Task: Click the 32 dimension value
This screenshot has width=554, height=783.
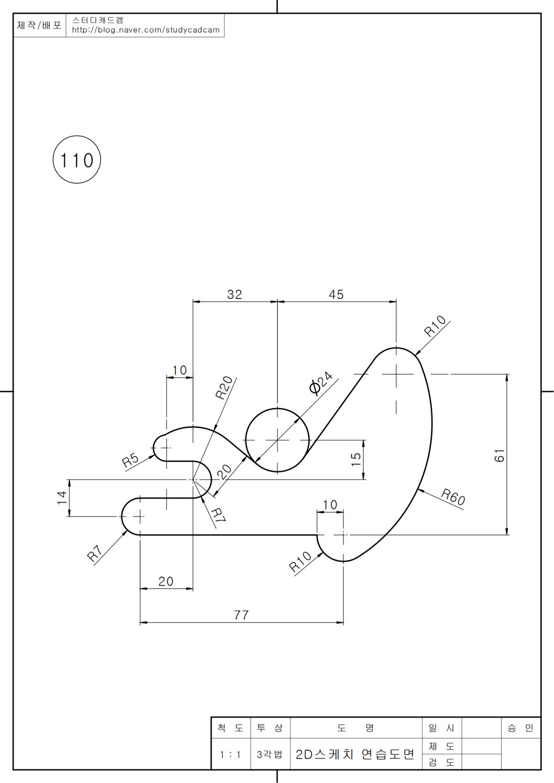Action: tap(235, 295)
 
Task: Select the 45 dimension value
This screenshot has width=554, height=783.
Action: tap(336, 295)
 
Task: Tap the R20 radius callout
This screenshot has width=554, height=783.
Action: tap(224, 388)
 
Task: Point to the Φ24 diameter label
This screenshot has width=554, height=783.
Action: tap(321, 383)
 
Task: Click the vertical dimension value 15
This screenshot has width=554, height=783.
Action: tap(356, 459)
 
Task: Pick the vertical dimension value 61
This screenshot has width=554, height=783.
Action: tap(500, 456)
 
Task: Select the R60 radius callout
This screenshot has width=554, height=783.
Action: tap(453, 497)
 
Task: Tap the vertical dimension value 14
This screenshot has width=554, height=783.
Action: tap(62, 498)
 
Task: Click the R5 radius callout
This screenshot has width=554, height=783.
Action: tap(130, 460)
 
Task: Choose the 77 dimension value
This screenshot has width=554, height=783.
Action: tap(241, 615)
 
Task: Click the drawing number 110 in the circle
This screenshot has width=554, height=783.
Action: tap(77, 160)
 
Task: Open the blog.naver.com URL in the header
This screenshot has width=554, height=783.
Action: tap(145, 30)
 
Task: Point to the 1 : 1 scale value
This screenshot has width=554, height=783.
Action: tap(230, 754)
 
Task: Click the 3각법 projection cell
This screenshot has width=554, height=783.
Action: tap(270, 754)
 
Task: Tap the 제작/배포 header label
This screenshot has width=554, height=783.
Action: tap(39, 25)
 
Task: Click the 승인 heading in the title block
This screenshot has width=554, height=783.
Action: tap(520, 728)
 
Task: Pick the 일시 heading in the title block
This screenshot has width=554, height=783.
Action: tap(441, 728)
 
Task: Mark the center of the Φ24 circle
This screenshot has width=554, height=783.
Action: tap(277, 440)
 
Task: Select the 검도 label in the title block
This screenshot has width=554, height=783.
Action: tap(441, 762)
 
